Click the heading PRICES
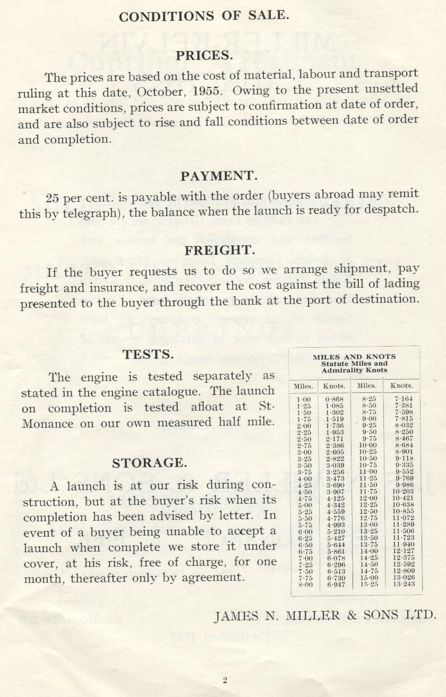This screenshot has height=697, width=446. (204, 55)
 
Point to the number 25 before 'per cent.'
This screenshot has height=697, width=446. (53, 199)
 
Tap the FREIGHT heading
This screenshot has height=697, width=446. (220, 249)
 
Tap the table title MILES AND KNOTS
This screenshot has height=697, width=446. (354, 357)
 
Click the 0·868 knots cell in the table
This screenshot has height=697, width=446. (334, 399)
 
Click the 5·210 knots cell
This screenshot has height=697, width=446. (334, 531)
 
